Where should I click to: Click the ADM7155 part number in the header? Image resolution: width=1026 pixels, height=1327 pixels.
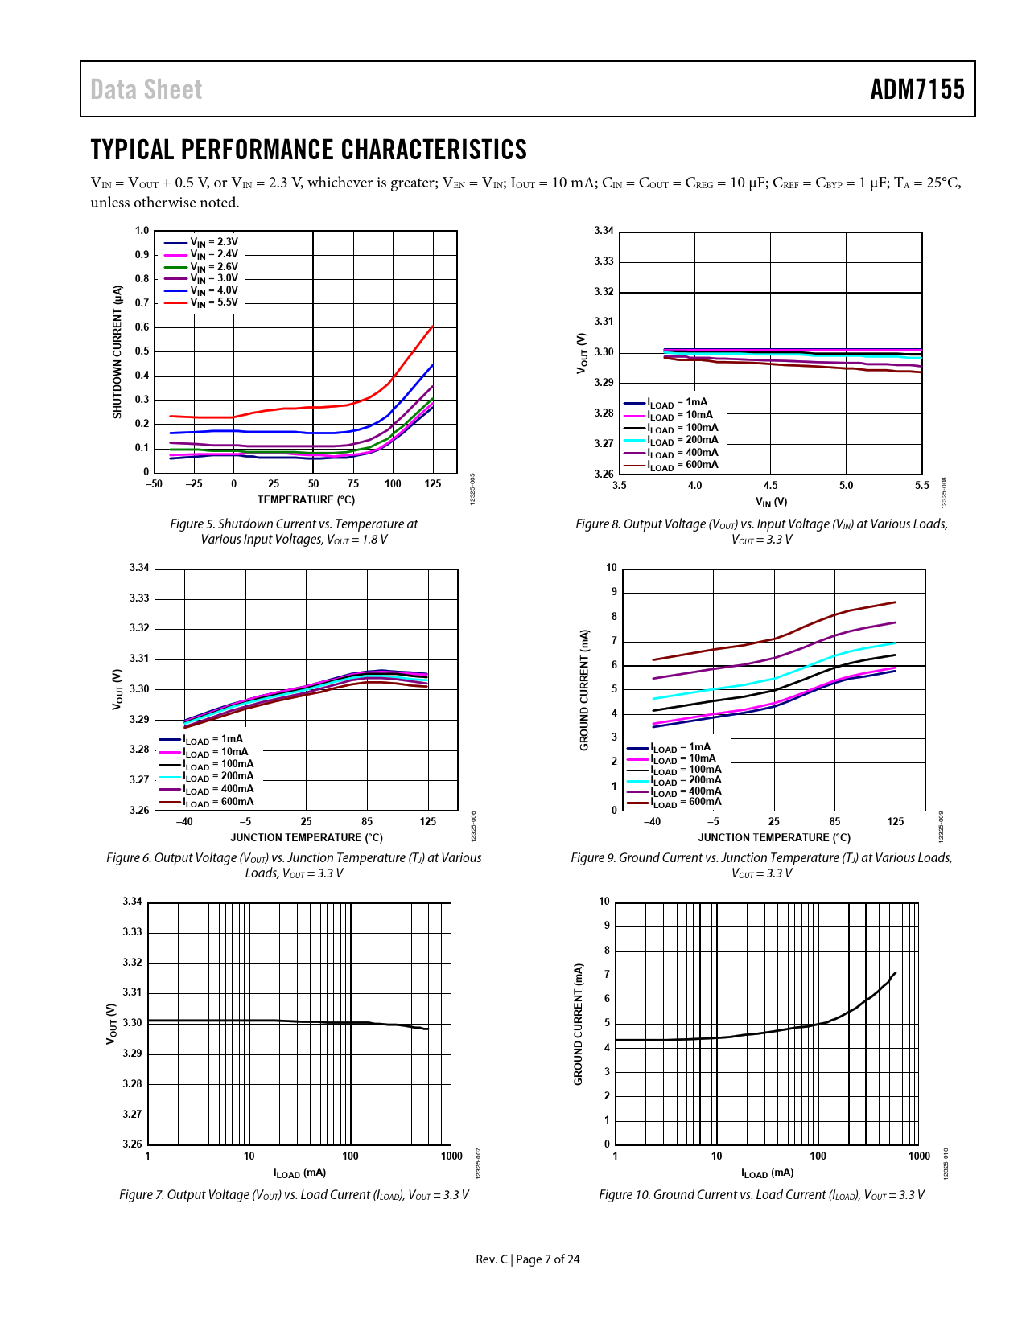pos(917,89)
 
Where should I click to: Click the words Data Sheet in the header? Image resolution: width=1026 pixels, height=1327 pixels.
pos(146,89)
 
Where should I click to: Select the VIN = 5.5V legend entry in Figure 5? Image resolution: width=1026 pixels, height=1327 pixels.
pos(213,303)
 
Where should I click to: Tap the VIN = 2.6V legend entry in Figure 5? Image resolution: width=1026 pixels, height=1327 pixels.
pos(213,267)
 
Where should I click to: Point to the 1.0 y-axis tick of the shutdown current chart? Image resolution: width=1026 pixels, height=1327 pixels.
pos(142,231)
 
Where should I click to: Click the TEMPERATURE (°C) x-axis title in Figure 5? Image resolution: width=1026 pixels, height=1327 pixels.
pos(306,500)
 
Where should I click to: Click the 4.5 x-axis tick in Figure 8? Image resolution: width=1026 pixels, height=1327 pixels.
pos(770,486)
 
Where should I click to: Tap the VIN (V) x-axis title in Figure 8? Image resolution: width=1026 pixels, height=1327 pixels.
pos(771,503)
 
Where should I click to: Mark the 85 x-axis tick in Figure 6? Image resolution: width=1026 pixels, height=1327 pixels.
pos(367,822)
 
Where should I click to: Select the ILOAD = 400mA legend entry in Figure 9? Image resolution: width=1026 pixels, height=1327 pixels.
pos(685,791)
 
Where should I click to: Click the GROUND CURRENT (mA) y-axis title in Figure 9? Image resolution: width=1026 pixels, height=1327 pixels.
pos(584,690)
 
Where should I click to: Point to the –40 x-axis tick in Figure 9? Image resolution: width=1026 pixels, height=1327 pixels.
pos(652,822)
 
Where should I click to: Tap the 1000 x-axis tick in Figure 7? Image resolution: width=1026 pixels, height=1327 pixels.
pos(451,1157)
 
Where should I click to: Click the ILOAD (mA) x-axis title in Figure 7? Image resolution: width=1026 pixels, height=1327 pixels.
pos(299,1173)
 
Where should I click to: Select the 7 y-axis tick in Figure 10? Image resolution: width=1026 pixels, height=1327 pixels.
pos(607,975)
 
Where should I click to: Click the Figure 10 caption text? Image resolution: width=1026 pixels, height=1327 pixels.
pos(761,1195)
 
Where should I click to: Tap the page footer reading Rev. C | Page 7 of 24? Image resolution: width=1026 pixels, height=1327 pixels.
pos(527,1259)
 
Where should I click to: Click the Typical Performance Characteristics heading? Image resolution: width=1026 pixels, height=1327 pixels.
pos(308,150)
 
